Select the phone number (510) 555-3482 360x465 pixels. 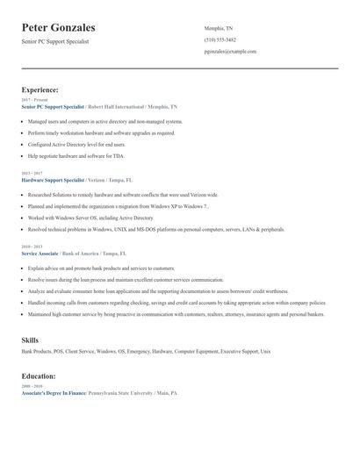[220, 40]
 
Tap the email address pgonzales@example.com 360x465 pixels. [230, 52]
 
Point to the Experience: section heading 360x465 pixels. [40, 89]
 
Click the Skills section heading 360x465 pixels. [30, 339]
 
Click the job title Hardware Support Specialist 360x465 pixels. [54, 179]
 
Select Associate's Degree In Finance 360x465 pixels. [54, 392]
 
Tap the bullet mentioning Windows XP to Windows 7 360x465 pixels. [118, 205]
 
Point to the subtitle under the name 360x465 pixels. [55, 41]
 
